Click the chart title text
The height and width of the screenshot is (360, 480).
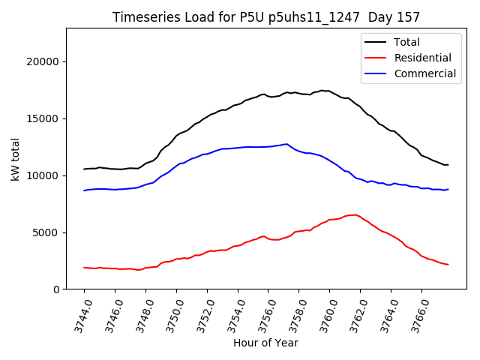[x=266, y=16]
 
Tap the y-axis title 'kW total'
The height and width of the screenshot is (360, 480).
[x=16, y=159]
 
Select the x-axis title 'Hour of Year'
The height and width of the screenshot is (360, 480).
[x=265, y=343]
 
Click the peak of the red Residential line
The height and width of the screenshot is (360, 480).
[x=354, y=214]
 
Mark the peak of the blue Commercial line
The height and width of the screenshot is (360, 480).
[x=286, y=144]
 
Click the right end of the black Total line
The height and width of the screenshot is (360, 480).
[x=448, y=165]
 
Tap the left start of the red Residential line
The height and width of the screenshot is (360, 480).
[x=84, y=268]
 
